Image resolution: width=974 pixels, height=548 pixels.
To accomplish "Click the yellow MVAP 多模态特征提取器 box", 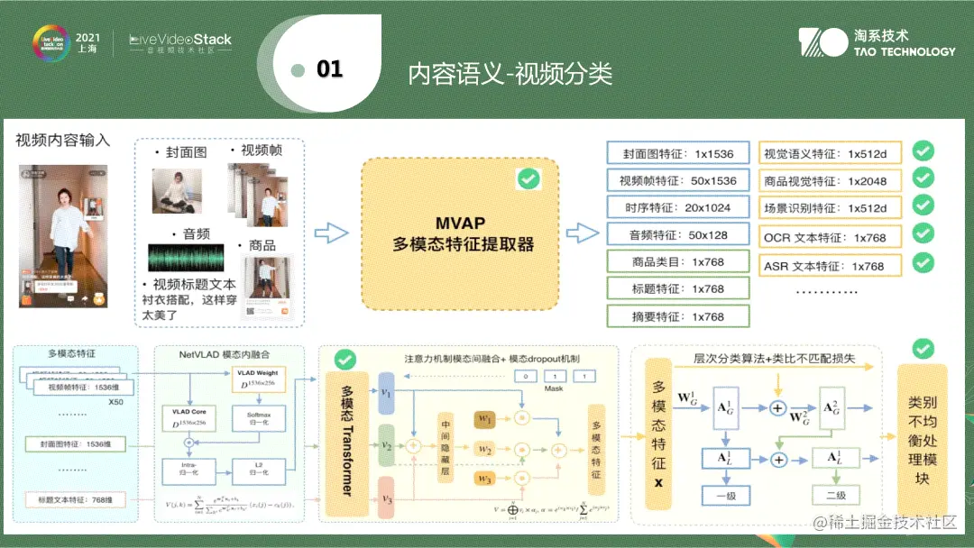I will pos(460,233).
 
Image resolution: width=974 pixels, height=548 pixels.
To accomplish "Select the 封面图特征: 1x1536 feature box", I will pos(665,153).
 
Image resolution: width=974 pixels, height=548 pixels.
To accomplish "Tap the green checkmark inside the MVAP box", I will pos(528,178).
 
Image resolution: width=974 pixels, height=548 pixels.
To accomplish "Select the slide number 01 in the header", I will pos(329,69).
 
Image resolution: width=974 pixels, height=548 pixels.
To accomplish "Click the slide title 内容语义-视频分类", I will pos(510,73).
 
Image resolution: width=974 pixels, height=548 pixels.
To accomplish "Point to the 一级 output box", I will pos(725,496).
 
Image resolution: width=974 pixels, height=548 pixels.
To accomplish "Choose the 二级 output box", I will pos(835,496).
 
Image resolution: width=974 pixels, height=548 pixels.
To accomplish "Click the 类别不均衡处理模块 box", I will pos(922,442).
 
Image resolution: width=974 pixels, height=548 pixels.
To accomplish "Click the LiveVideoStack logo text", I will pos(180,40).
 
